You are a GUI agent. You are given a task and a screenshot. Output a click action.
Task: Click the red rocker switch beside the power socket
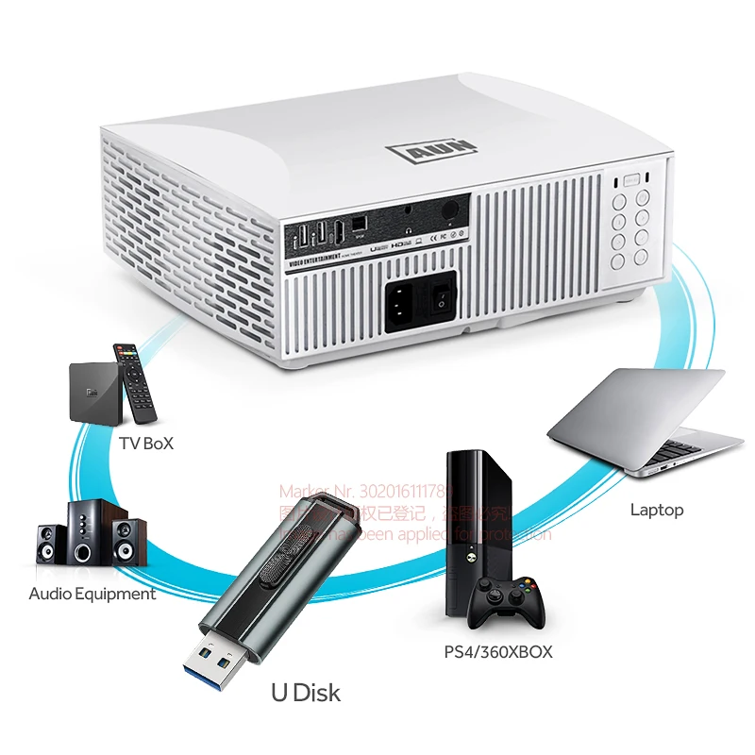pos(438,299)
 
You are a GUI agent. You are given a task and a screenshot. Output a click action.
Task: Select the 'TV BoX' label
pos(146,444)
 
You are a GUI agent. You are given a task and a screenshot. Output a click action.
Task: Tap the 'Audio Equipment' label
pos(92,594)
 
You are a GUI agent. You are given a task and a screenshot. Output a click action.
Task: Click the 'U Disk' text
pos(306,693)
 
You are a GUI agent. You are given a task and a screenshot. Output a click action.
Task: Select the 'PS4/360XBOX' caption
pos(497,651)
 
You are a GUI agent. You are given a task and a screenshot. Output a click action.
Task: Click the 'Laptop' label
pos(656,510)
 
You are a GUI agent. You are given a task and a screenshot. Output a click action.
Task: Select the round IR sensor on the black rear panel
pos(451,205)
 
